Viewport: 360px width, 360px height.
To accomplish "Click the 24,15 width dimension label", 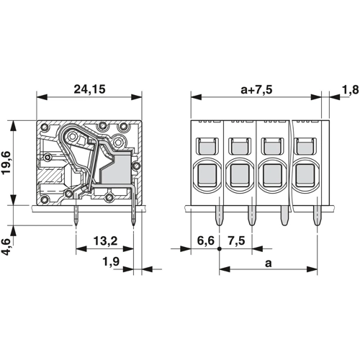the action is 89,89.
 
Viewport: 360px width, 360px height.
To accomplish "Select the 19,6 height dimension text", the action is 6,163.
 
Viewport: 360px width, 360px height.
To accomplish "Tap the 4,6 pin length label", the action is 6,247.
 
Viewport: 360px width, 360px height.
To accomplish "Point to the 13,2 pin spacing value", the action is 106,240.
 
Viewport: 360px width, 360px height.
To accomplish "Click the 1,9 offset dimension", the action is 111,261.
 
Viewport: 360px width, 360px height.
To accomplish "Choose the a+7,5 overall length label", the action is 256,90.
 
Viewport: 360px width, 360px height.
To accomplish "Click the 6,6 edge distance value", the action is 206,240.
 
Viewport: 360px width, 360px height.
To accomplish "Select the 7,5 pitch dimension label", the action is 237,240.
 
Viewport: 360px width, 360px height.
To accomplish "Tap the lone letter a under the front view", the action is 269,264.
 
